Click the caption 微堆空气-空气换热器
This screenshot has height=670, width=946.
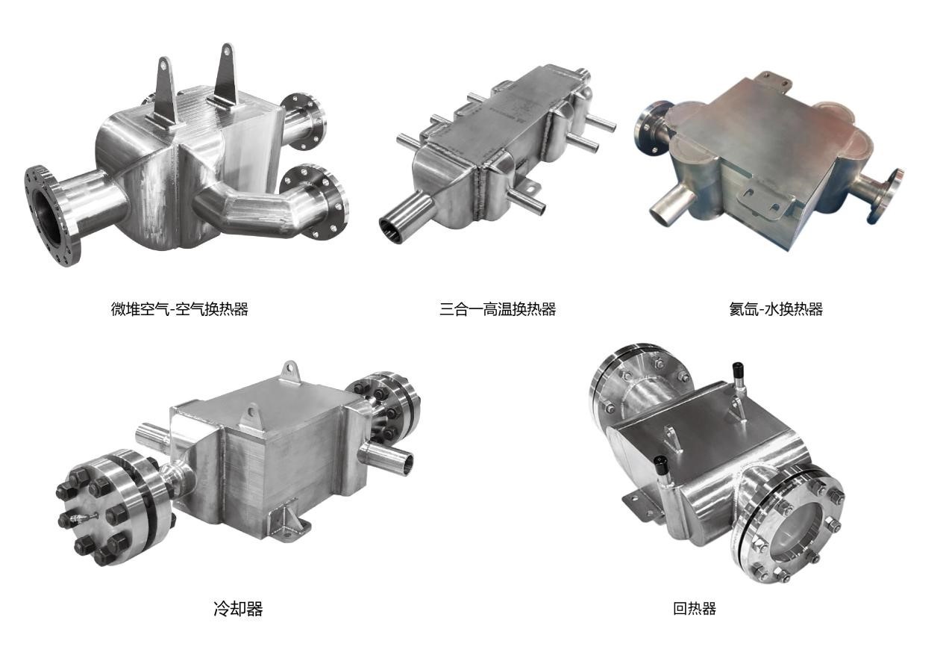coord(180,309)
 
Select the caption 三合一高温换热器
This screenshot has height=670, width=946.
coord(498,309)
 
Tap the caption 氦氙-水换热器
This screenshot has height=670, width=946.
coord(776,309)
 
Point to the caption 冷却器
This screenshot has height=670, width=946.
coord(238,609)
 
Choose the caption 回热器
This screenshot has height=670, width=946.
coord(695,609)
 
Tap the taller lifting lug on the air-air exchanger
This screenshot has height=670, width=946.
coord(226,76)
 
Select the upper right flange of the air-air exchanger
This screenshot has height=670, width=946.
coord(303,121)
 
